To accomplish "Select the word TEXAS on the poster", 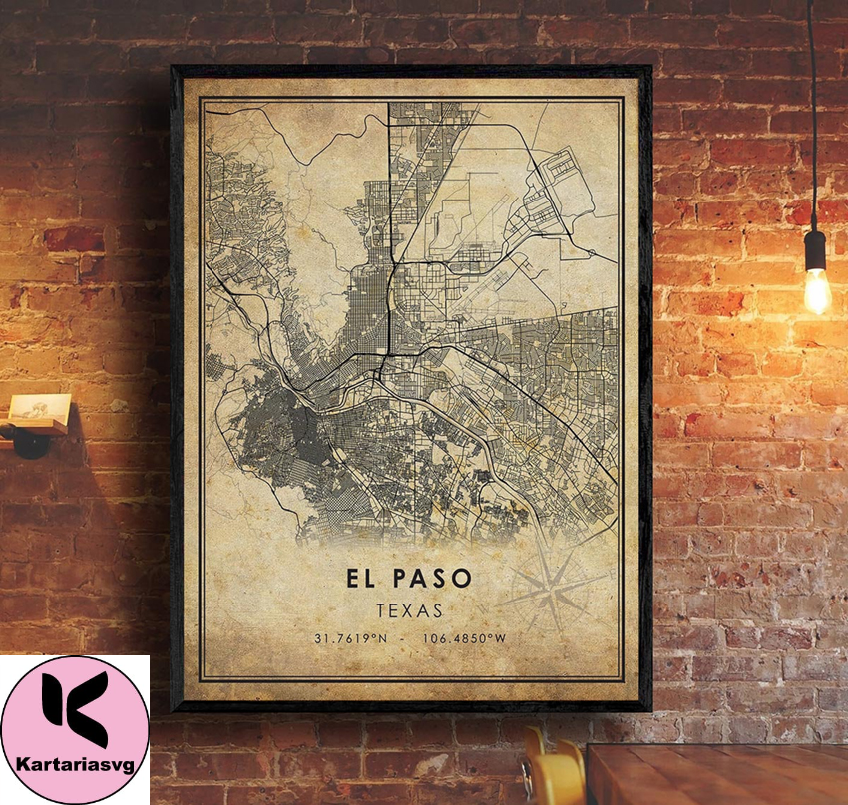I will pos(410,608).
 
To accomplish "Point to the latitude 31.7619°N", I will pos(350,638).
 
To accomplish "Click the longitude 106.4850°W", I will pos(464,638).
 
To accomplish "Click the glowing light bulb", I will pos(816,288).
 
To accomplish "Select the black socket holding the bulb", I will pos(815,248).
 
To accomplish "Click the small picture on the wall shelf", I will pos(40,408).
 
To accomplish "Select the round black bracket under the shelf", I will pos(29,441).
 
